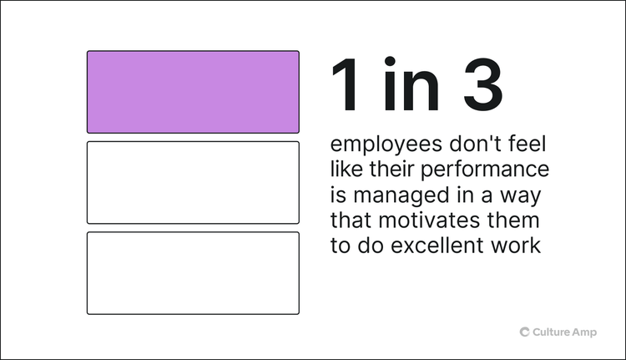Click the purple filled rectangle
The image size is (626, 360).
193,92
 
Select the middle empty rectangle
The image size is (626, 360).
193,182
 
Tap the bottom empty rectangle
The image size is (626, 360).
193,273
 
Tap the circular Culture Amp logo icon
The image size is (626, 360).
525,332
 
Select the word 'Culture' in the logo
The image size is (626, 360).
552,332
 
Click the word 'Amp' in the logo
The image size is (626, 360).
586,332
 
